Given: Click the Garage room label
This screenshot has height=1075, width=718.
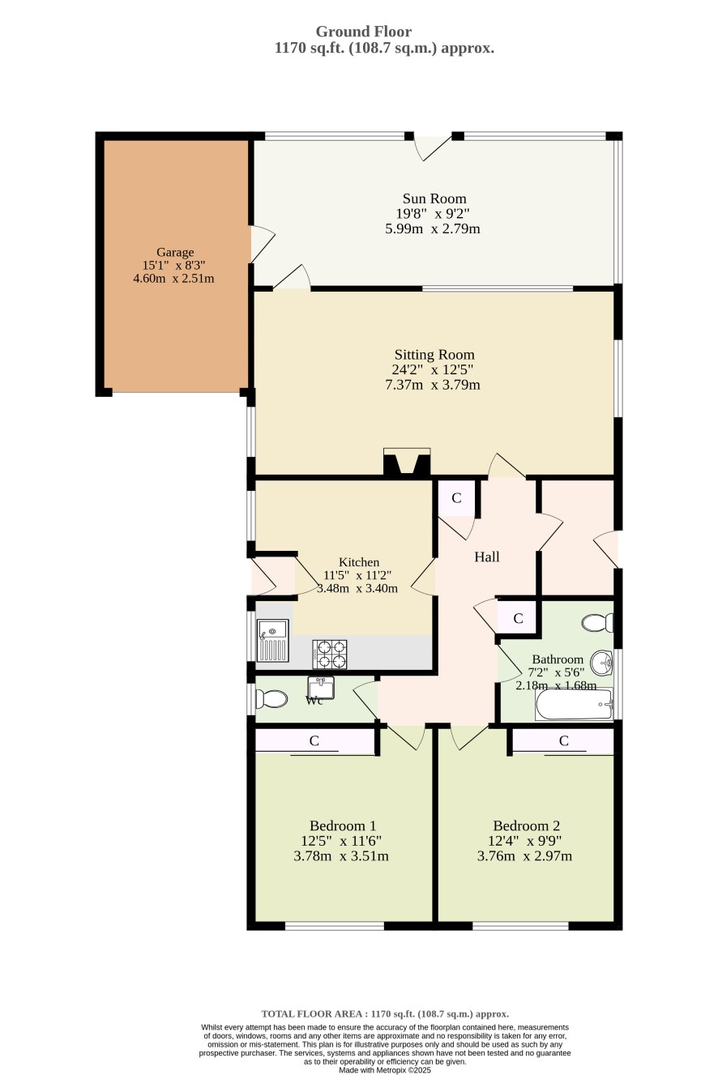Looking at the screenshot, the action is point(175,252).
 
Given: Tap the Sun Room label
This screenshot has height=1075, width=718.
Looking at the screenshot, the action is point(434,198).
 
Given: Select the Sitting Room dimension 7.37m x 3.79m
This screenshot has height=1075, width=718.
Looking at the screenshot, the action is point(433,385).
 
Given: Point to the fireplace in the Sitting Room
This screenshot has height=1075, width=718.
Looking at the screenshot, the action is point(407,462).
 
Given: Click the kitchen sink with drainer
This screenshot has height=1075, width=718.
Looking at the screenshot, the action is point(272,641).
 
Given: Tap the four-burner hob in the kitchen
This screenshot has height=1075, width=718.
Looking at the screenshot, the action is point(329,654).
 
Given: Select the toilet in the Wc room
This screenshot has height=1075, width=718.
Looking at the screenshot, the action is point(271,699).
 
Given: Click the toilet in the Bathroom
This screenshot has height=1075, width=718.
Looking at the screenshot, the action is point(597,622).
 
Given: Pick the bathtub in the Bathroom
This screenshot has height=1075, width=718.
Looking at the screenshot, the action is point(574,704).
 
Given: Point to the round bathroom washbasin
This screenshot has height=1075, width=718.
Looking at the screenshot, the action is point(601,663).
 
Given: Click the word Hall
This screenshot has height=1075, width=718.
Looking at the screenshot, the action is point(487,557).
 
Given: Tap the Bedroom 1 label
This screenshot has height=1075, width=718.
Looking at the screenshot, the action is point(343,825).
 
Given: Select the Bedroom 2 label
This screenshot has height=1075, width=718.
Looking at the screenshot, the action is point(527,825).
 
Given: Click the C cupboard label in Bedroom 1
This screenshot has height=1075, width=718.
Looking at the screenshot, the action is point(314,741).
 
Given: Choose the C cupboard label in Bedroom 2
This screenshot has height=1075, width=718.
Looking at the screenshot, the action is point(564,741).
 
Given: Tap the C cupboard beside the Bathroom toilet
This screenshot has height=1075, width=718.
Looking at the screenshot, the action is point(518,618).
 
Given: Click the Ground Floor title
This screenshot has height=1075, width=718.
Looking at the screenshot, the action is point(363,32).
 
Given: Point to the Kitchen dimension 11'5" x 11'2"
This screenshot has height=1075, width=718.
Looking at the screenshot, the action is point(357,575).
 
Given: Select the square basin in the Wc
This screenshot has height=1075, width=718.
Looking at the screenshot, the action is point(321,687).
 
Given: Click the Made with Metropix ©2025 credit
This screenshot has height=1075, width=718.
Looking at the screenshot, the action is point(385,1070).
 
